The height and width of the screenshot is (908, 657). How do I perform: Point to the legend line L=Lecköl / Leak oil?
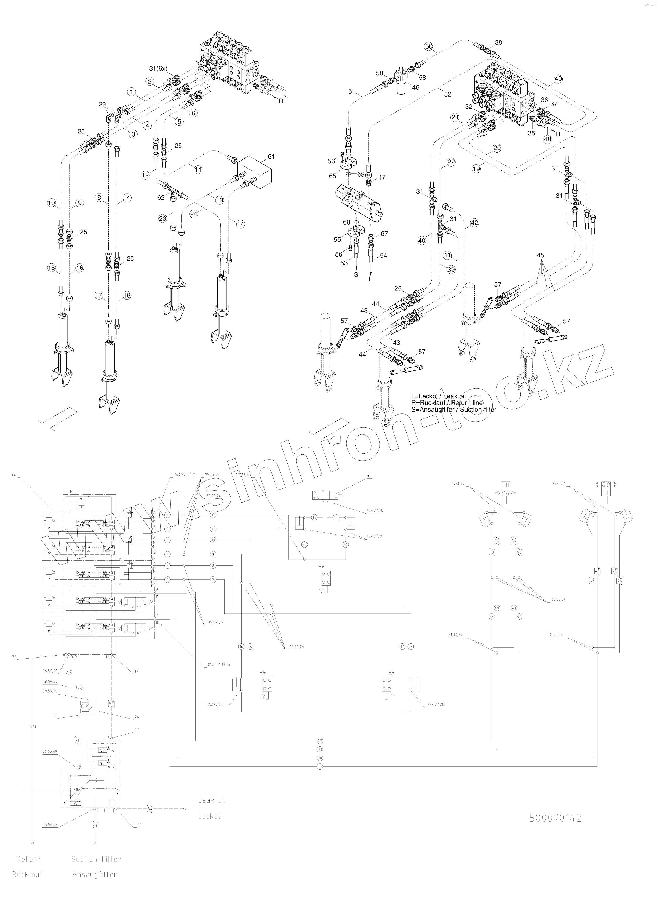click(438, 396)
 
